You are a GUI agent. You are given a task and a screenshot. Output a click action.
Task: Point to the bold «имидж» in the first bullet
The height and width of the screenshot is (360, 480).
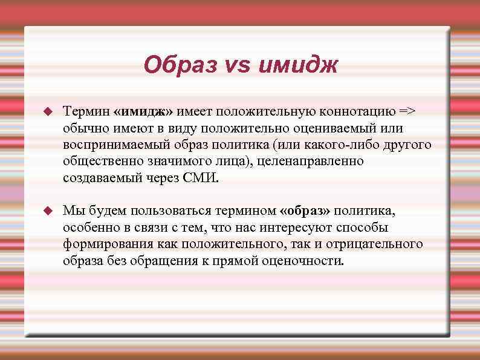tap(147, 112)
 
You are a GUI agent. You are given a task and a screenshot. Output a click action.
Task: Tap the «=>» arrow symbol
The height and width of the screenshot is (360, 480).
tap(406, 112)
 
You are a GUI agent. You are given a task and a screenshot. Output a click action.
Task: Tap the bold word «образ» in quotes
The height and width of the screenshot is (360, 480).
tap(306, 211)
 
